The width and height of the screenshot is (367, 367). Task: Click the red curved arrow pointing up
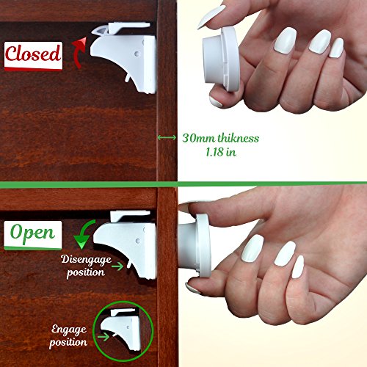(79, 53)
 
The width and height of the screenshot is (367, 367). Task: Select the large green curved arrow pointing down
(83, 234)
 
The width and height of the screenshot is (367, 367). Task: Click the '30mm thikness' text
(220, 138)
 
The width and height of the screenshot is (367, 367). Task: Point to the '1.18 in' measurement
(221, 152)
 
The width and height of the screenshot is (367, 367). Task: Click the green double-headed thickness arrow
(167, 137)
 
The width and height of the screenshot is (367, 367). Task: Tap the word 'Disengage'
(86, 260)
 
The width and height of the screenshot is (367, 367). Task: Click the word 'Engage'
(69, 330)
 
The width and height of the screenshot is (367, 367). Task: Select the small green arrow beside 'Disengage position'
(117, 266)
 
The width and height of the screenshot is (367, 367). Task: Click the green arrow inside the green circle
(103, 337)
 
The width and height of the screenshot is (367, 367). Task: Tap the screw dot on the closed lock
(137, 54)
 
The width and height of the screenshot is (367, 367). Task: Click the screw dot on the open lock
(138, 241)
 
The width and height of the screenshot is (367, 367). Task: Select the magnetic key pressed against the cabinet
(195, 245)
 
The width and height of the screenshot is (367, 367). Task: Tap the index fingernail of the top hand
(212, 16)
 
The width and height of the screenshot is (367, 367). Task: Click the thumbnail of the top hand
(216, 102)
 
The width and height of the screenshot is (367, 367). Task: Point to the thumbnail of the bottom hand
(192, 288)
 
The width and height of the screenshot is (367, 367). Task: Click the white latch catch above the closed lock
(121, 28)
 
